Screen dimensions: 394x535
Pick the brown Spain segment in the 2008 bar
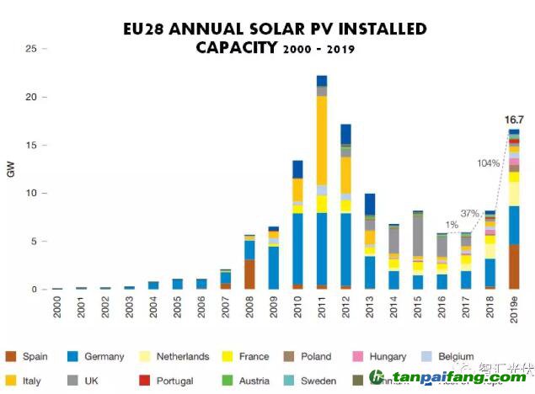(249, 274)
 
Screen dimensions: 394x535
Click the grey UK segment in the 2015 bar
(417, 236)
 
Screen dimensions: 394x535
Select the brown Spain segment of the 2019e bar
(513, 267)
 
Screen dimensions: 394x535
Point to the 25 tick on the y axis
(31, 49)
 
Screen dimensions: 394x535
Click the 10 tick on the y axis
(31, 194)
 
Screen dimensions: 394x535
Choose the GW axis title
(10, 168)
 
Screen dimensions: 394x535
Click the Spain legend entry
(34, 356)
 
